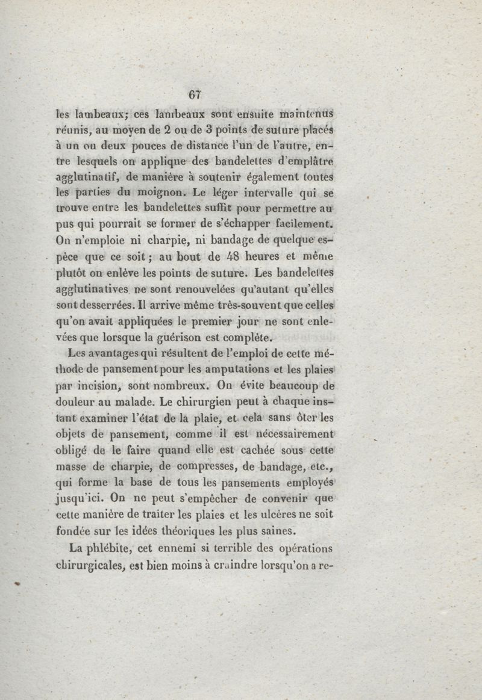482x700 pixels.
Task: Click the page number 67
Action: pyautogui.click(x=194, y=94)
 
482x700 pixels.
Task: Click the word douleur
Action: pyautogui.click(x=76, y=400)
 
